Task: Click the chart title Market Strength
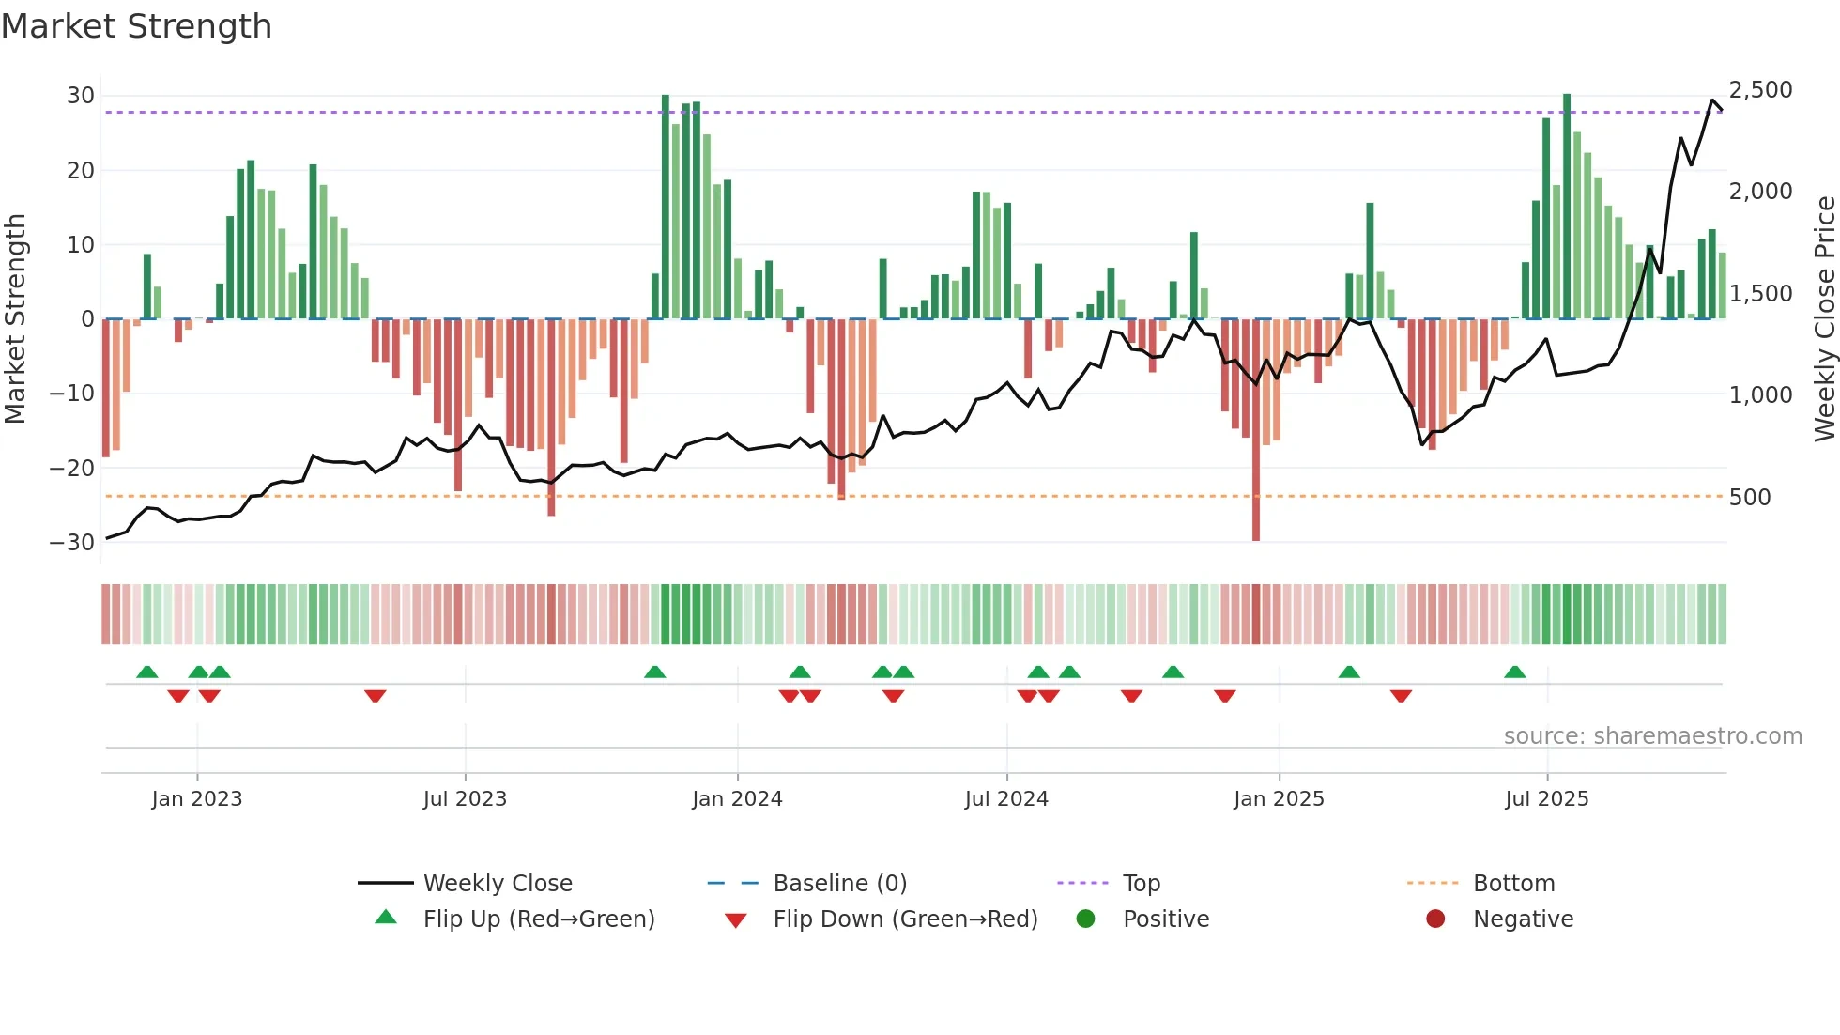click(x=136, y=26)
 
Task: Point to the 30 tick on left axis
click(x=81, y=96)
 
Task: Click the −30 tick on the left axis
click(x=73, y=543)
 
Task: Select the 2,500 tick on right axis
click(x=1760, y=90)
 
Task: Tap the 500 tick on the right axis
click(x=1750, y=498)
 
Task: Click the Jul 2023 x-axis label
click(x=465, y=799)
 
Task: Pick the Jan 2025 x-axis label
click(x=1279, y=799)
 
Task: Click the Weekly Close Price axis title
click(x=1824, y=318)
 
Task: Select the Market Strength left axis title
click(x=16, y=318)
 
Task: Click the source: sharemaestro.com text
click(x=1652, y=736)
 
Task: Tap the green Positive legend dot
click(x=1086, y=919)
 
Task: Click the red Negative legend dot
click(x=1435, y=919)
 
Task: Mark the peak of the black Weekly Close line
click(x=1713, y=100)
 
